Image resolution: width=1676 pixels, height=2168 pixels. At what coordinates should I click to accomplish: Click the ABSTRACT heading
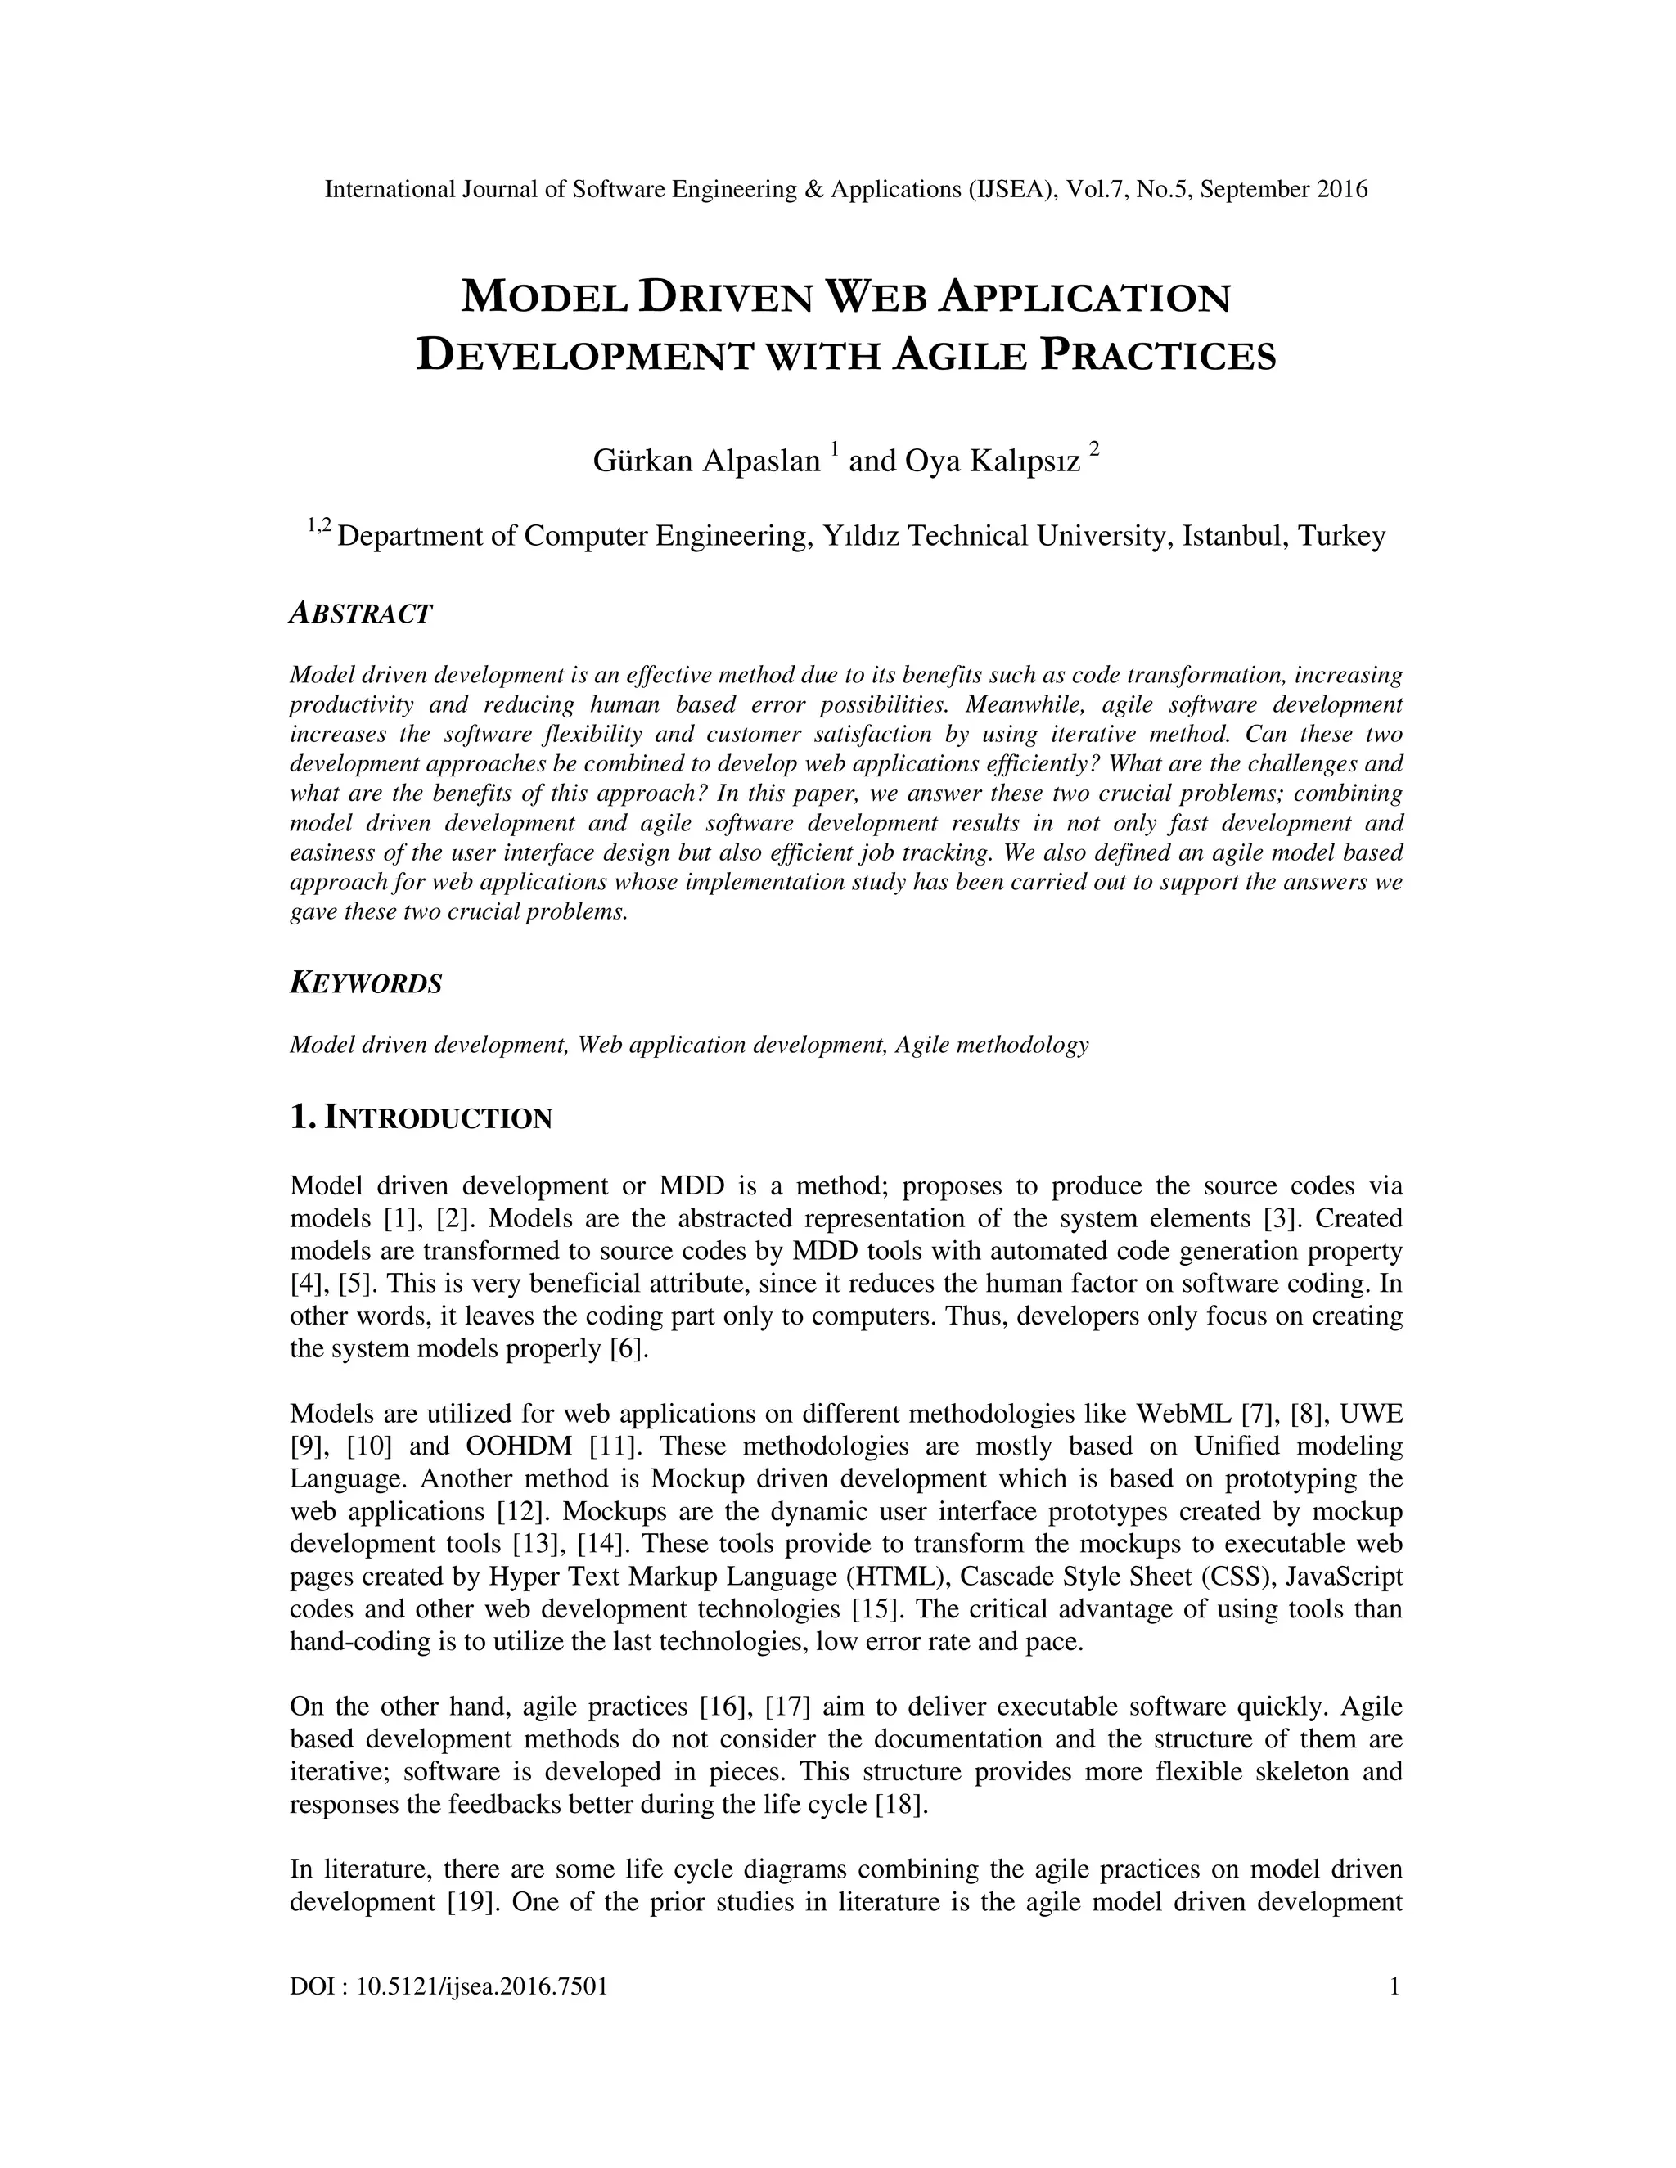point(360,614)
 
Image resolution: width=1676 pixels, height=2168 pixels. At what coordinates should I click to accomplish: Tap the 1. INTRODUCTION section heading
point(420,1118)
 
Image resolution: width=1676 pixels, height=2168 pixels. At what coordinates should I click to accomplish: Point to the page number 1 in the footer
point(1394,1986)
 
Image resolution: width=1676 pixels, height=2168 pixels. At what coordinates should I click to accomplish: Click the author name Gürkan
point(642,461)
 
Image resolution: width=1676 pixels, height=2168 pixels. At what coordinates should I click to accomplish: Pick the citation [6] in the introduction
point(629,1349)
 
